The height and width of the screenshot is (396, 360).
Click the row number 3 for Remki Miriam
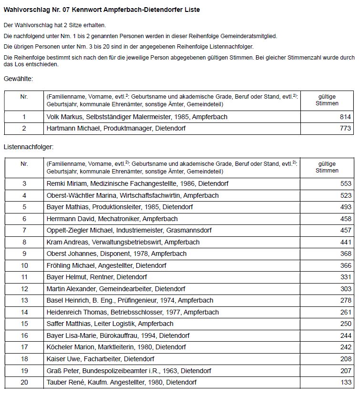point(24,183)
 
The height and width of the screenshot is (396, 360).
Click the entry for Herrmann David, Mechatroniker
point(112,219)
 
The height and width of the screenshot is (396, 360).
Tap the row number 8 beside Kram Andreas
point(24,242)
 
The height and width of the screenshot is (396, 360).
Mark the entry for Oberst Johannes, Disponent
point(116,254)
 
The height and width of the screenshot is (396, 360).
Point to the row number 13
point(24,300)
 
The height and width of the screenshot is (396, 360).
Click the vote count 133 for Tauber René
point(346,382)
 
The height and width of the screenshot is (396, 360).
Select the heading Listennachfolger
point(28,148)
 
